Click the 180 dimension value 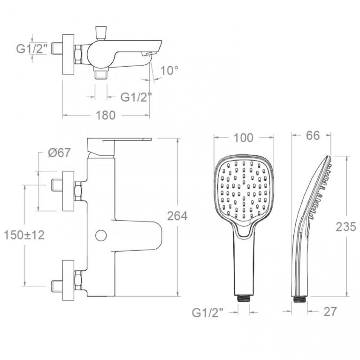coord(105,115)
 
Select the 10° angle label coord(169,70)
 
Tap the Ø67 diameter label coord(59,152)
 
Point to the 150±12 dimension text coord(24,235)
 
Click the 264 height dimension coord(177,216)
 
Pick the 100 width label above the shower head coord(243,138)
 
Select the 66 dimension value coord(313,135)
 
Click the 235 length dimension coord(346,226)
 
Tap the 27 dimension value coord(330,311)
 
